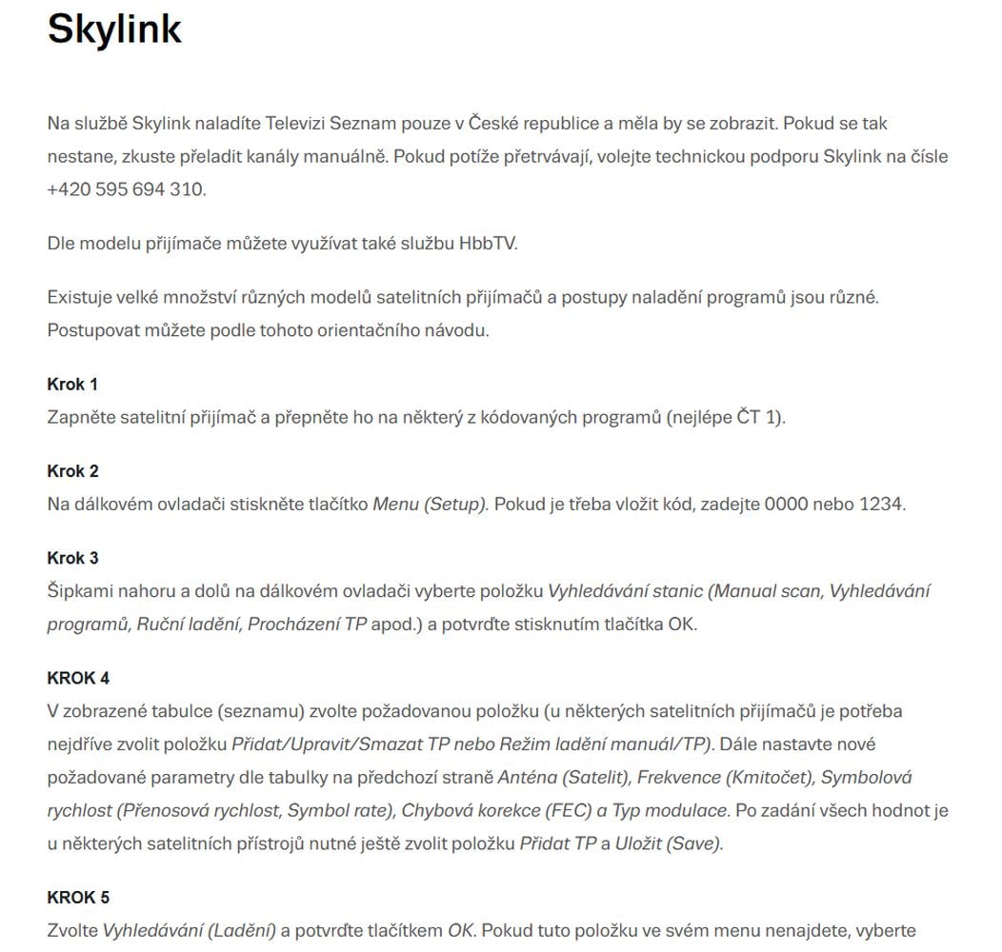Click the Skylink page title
click(x=114, y=30)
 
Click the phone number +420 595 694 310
click(x=126, y=189)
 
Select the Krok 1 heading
click(x=72, y=385)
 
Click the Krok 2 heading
click(x=72, y=471)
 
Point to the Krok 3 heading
click(x=72, y=558)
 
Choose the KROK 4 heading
click(x=78, y=679)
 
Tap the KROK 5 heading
click(x=78, y=898)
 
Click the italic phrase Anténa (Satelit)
click(x=562, y=778)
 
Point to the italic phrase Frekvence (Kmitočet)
click(x=724, y=778)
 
